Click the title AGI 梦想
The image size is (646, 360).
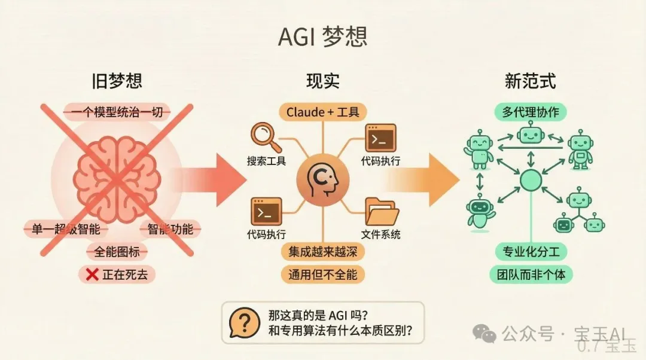(x=322, y=37)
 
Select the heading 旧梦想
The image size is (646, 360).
(x=117, y=81)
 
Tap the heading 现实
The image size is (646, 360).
(x=322, y=81)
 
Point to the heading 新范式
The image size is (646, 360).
(x=530, y=81)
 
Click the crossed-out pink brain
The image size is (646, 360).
(x=117, y=179)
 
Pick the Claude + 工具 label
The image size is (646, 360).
(x=322, y=112)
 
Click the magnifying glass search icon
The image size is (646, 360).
(x=266, y=137)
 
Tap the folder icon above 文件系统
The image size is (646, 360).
(x=382, y=212)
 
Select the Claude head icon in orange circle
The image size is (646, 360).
(x=322, y=180)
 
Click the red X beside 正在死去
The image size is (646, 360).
(x=92, y=274)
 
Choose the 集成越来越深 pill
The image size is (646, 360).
(x=322, y=252)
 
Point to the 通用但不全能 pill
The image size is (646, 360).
(x=322, y=274)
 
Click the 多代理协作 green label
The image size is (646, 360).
(x=530, y=112)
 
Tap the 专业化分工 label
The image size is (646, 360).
(x=531, y=252)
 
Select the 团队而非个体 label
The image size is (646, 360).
(x=531, y=274)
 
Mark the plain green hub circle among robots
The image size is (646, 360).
(x=531, y=180)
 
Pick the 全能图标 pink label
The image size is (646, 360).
(x=117, y=252)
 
